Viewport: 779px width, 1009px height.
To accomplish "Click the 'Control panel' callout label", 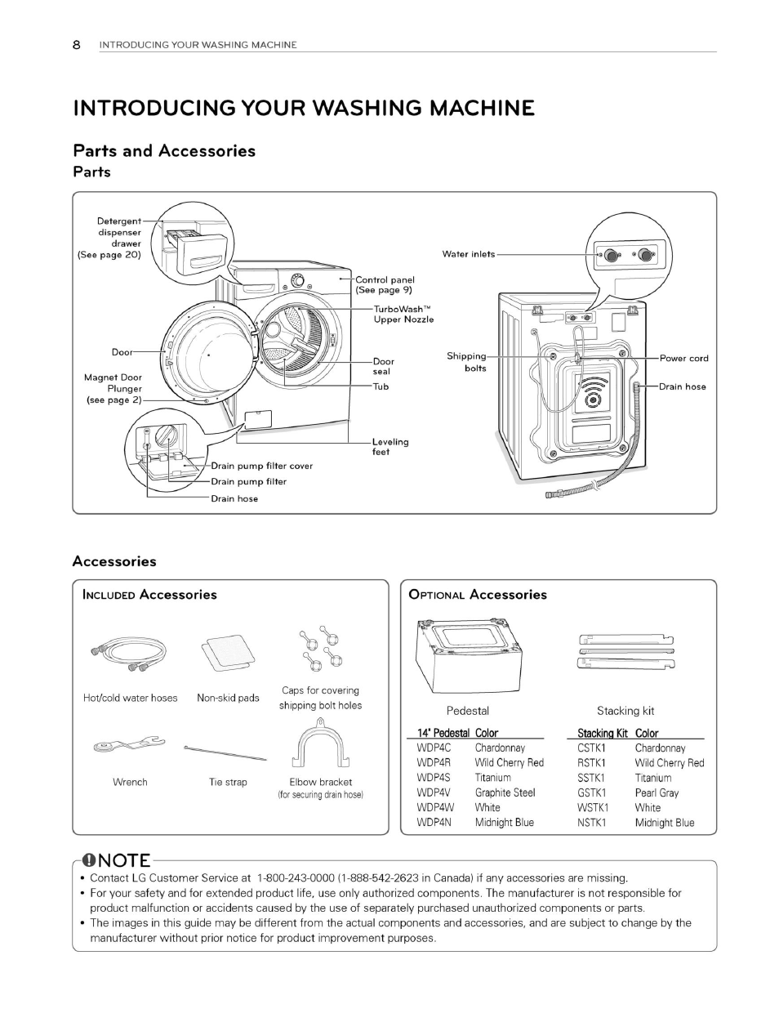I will tap(385, 284).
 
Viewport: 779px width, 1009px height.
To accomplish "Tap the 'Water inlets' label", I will tap(468, 254).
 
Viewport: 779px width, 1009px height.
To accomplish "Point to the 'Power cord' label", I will tap(683, 358).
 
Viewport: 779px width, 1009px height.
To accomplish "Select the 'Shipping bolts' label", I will tap(466, 362).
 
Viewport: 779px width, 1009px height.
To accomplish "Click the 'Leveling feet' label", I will tap(390, 447).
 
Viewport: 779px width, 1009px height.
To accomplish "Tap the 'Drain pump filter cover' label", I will tap(261, 466).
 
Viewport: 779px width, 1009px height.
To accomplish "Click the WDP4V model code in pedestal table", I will tap(434, 792).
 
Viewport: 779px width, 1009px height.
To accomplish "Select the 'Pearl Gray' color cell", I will tap(657, 792).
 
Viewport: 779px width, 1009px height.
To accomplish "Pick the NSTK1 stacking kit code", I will tap(591, 823).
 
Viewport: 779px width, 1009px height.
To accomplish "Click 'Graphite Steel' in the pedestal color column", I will tap(505, 792).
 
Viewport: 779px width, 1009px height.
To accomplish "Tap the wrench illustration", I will tap(128, 744).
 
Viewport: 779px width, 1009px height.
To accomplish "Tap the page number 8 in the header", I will tap(77, 45).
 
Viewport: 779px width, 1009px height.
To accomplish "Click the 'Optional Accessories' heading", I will tap(477, 595).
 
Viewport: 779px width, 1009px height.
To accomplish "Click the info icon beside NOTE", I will tap(91, 860).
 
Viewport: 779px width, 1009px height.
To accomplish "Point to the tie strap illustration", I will tap(225, 752).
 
